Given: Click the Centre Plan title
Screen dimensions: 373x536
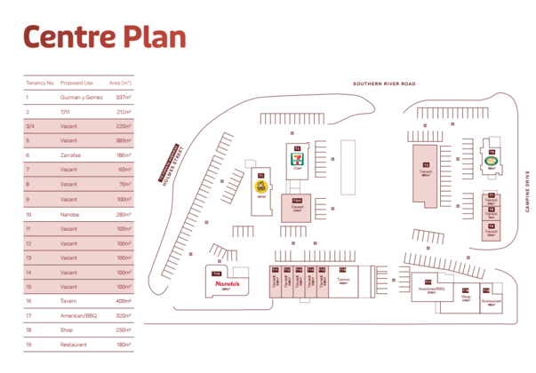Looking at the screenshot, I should pos(104,36).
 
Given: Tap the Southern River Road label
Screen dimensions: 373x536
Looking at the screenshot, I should pos(384,84).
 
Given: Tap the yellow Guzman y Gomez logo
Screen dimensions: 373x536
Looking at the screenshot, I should pos(261,187).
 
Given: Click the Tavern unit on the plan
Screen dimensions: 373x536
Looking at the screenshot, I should pos(343,280).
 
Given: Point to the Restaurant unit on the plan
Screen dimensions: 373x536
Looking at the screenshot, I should pos(491,299).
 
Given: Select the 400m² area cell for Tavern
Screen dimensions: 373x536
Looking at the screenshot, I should pos(121,302).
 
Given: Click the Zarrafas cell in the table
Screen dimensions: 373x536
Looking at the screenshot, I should pos(71,155).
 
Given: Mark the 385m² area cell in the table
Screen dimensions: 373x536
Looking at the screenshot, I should pos(121,141).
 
